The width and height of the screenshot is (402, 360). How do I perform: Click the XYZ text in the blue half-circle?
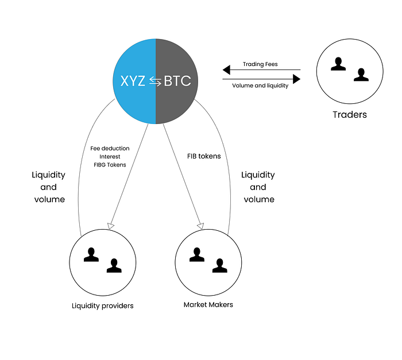pyautogui.click(x=133, y=81)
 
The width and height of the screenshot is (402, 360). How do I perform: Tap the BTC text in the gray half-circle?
pyautogui.click(x=177, y=81)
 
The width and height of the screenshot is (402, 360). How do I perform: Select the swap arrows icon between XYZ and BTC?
pyautogui.click(x=155, y=82)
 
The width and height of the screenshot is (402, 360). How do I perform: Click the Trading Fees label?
pyautogui.click(x=260, y=64)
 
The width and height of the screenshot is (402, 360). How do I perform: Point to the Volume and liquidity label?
pyautogui.click(x=260, y=86)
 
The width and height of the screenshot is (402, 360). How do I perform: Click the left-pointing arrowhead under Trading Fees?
pyautogui.click(x=226, y=69)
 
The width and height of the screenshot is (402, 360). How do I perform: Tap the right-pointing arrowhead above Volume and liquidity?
pyautogui.click(x=297, y=79)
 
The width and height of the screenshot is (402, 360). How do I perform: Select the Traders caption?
pyautogui.click(x=350, y=115)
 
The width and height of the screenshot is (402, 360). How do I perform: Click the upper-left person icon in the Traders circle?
pyautogui.click(x=338, y=64)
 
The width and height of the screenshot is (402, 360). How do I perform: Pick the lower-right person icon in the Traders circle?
pyautogui.click(x=361, y=75)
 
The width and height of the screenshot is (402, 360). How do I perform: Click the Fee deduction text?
pyautogui.click(x=110, y=149)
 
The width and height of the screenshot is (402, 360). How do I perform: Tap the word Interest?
pyautogui.click(x=110, y=157)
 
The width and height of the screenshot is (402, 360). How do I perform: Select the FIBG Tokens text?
pyautogui.click(x=110, y=165)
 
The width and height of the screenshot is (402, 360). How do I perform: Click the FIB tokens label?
pyautogui.click(x=204, y=156)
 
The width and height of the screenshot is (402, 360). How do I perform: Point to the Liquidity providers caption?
pyautogui.click(x=103, y=306)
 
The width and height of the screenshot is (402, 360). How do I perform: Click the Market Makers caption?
pyautogui.click(x=208, y=305)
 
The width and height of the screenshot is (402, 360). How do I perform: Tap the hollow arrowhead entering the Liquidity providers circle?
pyautogui.click(x=111, y=226)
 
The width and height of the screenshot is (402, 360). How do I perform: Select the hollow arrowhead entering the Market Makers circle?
pyautogui.click(x=201, y=226)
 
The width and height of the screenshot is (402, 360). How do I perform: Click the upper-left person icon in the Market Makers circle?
pyautogui.click(x=197, y=254)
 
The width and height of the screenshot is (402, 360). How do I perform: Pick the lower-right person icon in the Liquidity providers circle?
pyautogui.click(x=114, y=266)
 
